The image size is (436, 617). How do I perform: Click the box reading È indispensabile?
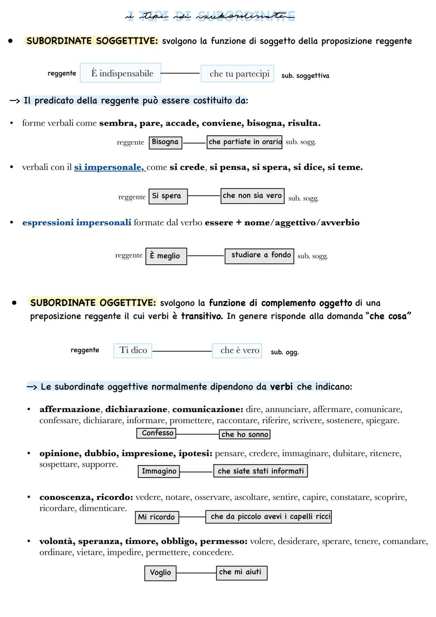point(121,73)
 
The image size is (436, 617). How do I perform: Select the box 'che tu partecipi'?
point(237,74)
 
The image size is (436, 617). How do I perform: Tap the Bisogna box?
point(165,142)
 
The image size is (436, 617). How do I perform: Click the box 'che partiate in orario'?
point(244,142)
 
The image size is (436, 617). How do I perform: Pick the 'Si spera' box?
point(168,196)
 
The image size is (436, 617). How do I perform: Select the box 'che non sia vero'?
point(252,196)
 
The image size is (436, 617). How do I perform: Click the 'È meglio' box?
point(166,256)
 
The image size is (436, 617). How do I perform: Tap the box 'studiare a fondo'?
point(259,255)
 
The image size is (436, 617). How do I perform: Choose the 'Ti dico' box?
point(133,350)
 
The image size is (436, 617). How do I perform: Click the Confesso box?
point(157,433)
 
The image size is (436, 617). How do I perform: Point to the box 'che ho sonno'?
point(245,434)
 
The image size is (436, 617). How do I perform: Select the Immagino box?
point(159,471)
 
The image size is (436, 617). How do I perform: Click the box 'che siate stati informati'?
point(260,471)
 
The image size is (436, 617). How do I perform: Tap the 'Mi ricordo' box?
point(157,517)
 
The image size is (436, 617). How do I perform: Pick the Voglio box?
point(160,573)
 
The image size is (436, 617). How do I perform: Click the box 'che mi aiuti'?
point(241,572)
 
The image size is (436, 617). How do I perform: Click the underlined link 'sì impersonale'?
point(109,167)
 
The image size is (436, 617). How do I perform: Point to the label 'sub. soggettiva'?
point(305,76)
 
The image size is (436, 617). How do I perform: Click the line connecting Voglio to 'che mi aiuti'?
point(196,573)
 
